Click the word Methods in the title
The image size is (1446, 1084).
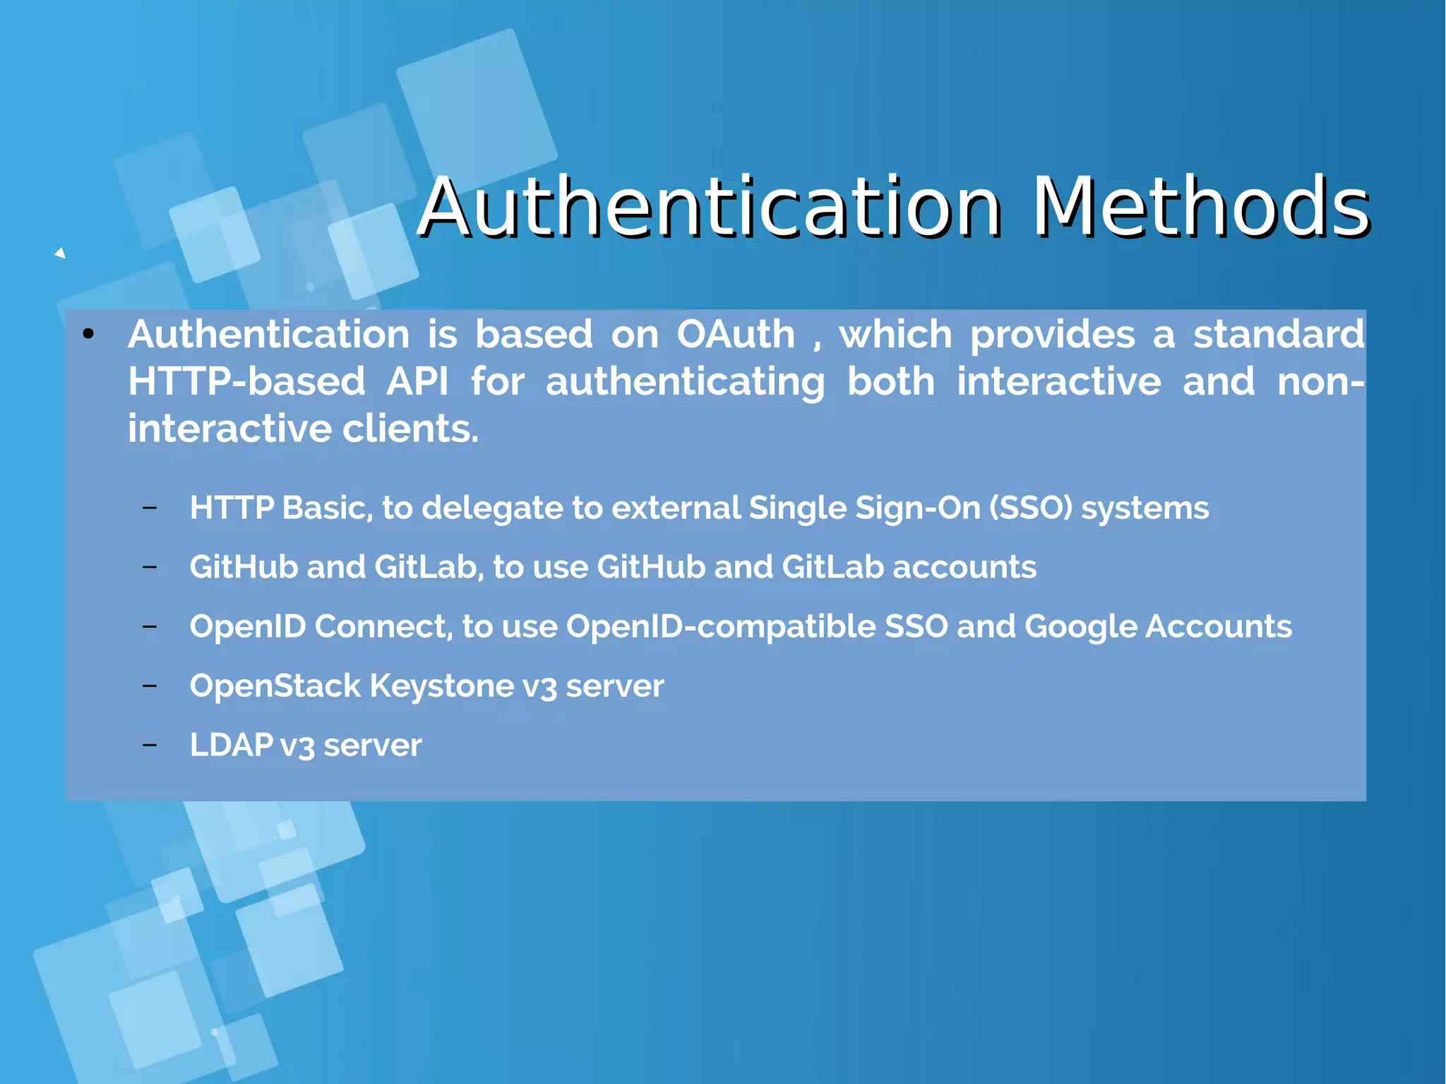[1200, 207]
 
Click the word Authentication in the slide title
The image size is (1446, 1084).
[710, 207]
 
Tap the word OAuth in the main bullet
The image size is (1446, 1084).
[736, 334]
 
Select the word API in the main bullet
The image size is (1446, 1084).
[417, 381]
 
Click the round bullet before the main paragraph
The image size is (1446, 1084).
[88, 334]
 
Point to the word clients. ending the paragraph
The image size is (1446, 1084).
[410, 429]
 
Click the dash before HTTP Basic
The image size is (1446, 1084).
[149, 507]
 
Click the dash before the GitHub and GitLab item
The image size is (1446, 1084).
[149, 566]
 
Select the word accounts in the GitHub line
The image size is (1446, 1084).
[964, 567]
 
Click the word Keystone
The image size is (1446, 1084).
[442, 686]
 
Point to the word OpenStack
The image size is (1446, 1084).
[275, 686]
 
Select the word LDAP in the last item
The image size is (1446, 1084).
[231, 745]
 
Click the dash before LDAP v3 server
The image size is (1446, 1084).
[149, 744]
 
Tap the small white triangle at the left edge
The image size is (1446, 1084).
[61, 253]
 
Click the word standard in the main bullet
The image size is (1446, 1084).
[1279, 334]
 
